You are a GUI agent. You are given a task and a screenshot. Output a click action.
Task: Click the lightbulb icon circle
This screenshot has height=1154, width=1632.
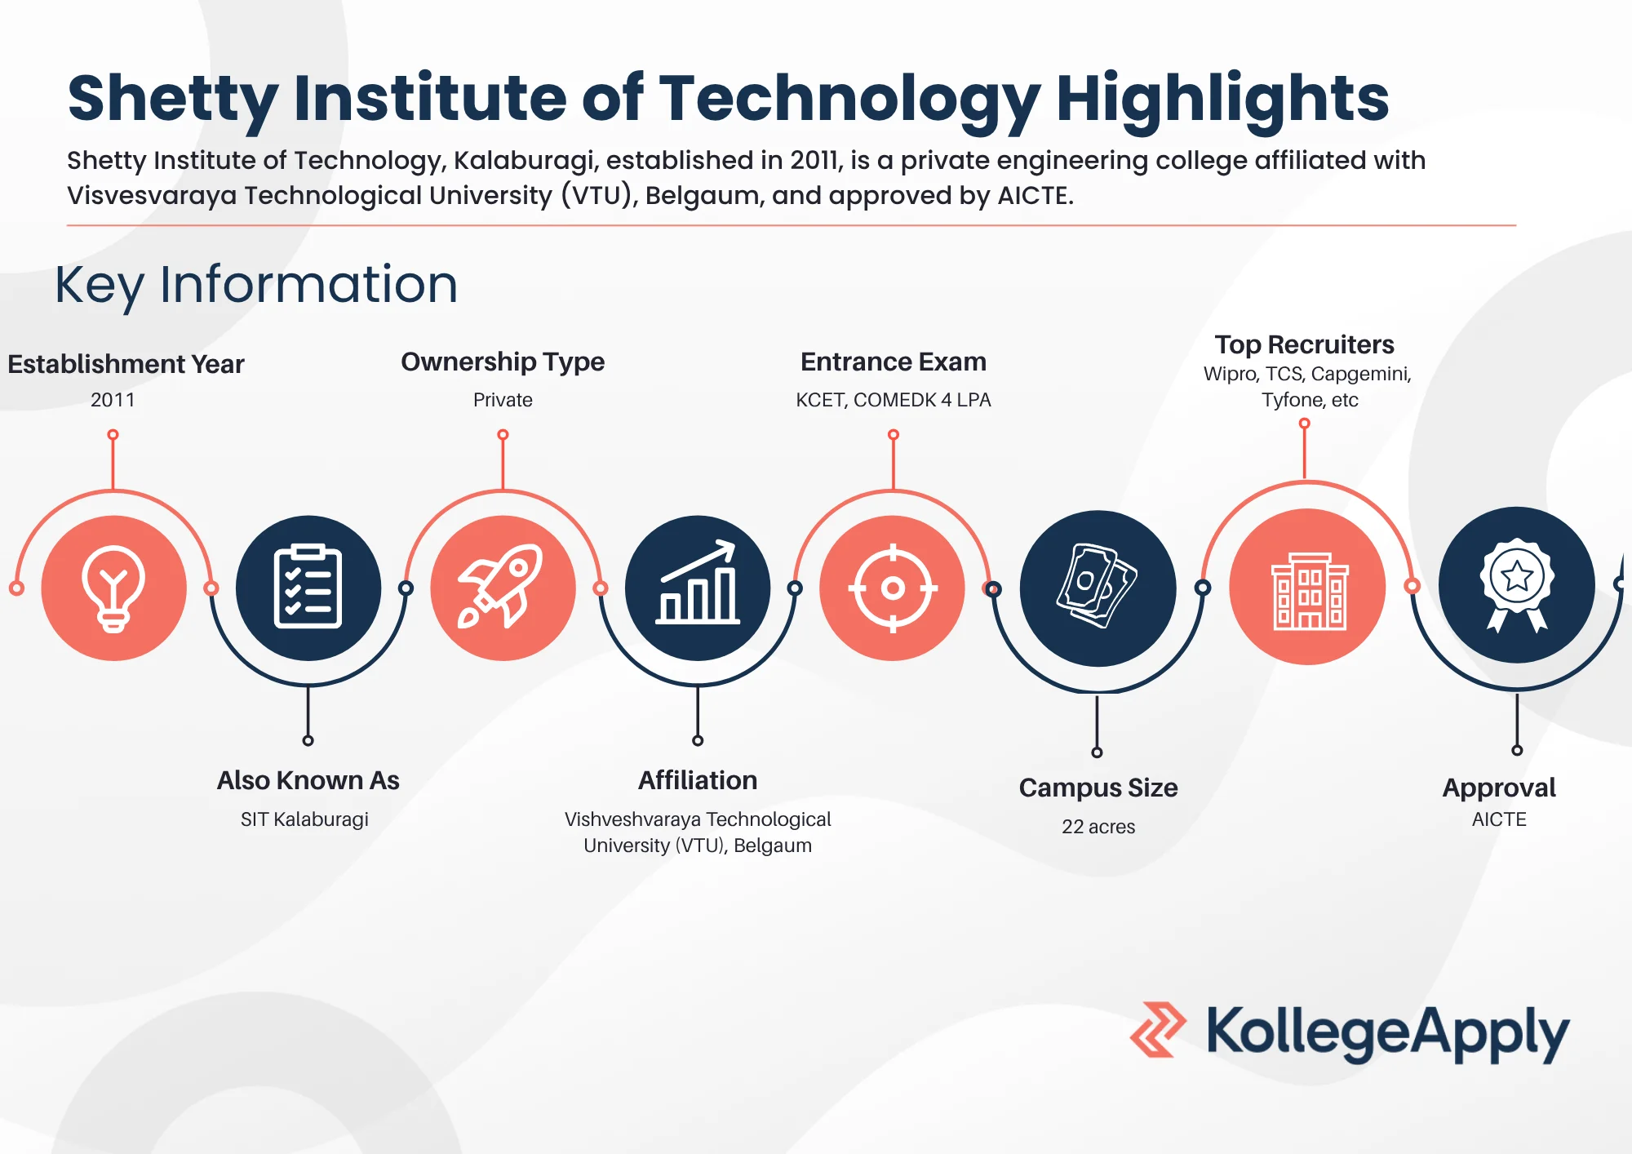point(113,588)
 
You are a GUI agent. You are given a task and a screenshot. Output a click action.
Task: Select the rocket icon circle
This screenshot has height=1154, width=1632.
point(503,588)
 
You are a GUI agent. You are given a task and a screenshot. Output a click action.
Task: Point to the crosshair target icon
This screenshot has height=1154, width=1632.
point(893,588)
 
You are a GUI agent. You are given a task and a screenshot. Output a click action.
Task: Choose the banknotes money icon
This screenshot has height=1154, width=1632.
point(1098,588)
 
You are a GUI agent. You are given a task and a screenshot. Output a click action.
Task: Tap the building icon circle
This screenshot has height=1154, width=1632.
point(1308,587)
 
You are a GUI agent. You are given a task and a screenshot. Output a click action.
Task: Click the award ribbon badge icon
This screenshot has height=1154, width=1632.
point(1517,585)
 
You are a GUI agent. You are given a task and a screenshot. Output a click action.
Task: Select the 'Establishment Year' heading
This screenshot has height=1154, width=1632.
point(126,364)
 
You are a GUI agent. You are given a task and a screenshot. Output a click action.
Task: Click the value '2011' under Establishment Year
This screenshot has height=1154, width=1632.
point(113,400)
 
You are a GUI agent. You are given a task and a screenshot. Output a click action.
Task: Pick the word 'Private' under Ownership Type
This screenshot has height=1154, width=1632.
point(503,400)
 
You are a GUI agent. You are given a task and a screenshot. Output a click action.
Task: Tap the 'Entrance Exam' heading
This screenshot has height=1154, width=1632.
point(894,362)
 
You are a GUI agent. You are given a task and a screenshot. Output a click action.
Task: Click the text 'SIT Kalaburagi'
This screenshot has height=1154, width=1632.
point(304,819)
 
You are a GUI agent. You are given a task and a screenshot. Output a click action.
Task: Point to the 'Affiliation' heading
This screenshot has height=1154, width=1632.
point(698,780)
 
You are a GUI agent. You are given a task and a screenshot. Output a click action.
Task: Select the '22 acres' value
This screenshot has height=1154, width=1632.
point(1098,827)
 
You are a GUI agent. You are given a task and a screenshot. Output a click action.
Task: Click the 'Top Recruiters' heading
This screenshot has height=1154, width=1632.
point(1304,344)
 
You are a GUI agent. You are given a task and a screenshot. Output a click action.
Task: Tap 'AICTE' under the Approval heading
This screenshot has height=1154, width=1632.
point(1499,819)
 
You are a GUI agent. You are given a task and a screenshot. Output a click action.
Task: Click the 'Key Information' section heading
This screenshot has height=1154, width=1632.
point(256,284)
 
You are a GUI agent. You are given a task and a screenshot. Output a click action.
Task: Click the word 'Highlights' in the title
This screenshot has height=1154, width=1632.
point(1222,98)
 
